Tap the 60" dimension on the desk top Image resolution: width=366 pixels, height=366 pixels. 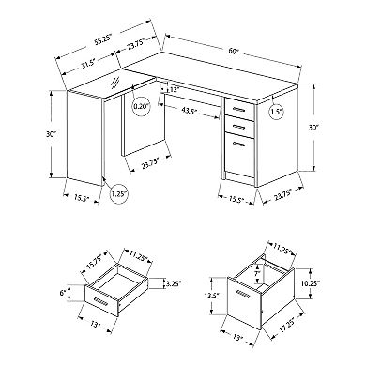[232, 51]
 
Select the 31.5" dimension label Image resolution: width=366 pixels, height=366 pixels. [88, 66]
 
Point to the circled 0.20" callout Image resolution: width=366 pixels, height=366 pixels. [142, 106]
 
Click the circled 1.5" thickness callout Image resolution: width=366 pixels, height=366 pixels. [276, 111]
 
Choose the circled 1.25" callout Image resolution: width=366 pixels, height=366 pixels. [119, 193]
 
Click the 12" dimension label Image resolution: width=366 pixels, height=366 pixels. [175, 90]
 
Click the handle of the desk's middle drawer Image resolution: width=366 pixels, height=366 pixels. [239, 126]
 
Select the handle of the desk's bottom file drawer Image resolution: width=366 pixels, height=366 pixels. [239, 144]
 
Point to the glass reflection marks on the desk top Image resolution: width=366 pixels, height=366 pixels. [115, 83]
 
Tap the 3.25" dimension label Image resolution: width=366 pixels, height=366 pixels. [174, 283]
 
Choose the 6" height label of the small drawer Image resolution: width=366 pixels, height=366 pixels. [63, 293]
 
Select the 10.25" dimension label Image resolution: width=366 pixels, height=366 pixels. [310, 283]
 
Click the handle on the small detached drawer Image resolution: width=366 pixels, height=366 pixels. [100, 301]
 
